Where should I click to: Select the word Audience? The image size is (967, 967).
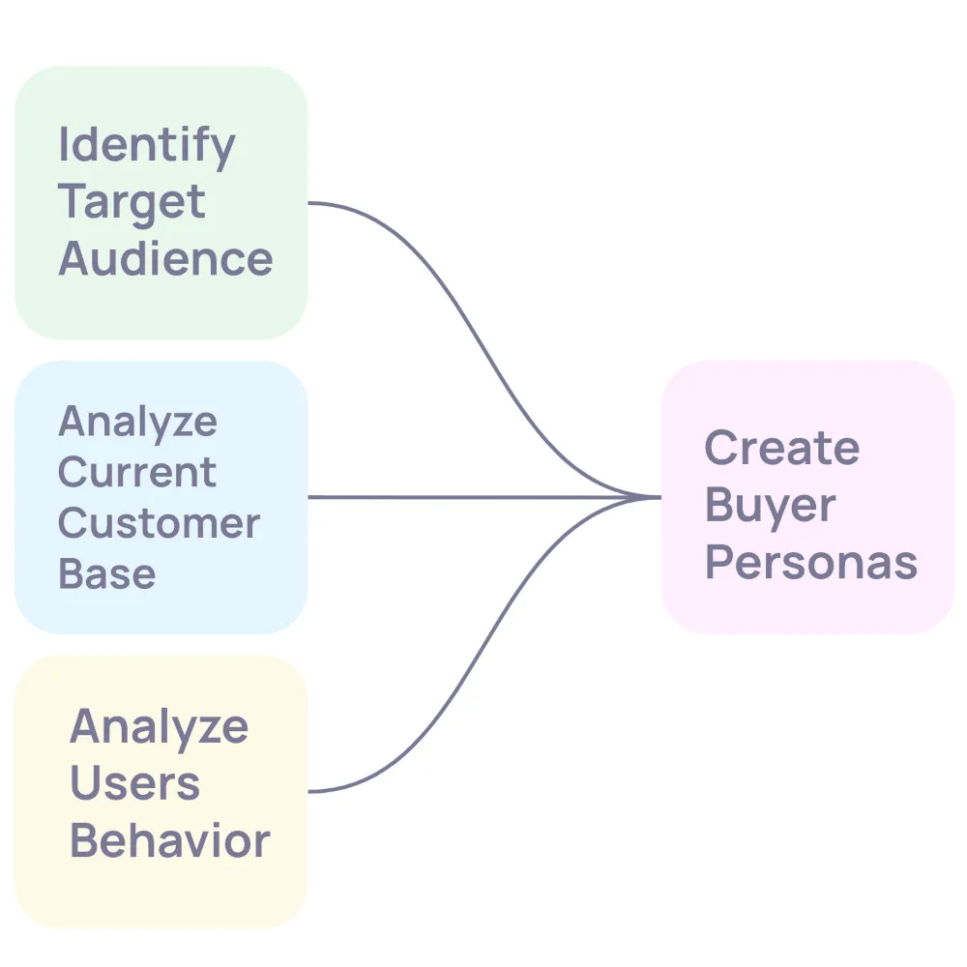pyautogui.click(x=165, y=259)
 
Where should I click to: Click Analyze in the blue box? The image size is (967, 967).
pyautogui.click(x=137, y=423)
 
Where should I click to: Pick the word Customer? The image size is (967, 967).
pyautogui.click(x=159, y=523)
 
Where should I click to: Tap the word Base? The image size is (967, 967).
pyautogui.click(x=106, y=573)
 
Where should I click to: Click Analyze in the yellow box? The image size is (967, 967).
pyautogui.click(x=159, y=727)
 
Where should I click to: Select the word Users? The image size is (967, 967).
pyautogui.click(x=134, y=783)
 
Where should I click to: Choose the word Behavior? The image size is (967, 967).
pyautogui.click(x=169, y=840)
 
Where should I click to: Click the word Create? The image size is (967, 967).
pyautogui.click(x=781, y=449)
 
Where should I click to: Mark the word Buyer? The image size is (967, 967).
pyautogui.click(x=770, y=506)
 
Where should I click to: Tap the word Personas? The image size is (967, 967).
pyautogui.click(x=810, y=562)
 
